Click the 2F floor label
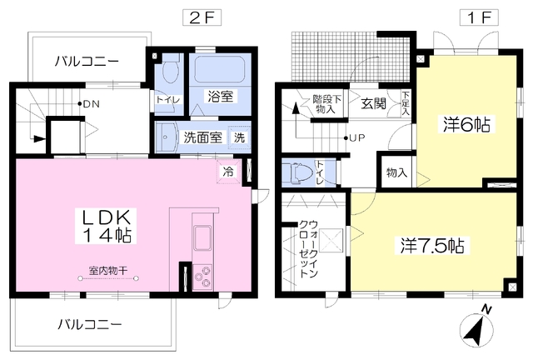click(x=202, y=17)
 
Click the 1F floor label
click(x=480, y=17)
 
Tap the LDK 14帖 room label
click(x=106, y=226)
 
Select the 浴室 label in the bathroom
click(x=220, y=97)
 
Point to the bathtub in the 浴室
click(x=220, y=69)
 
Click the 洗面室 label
click(x=203, y=137)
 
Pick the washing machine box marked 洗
click(x=239, y=137)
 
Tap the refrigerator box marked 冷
click(x=228, y=172)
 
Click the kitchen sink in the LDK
click(x=202, y=238)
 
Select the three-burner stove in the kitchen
click(x=202, y=277)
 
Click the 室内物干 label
click(x=108, y=271)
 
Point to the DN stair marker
click(x=89, y=104)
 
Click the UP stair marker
click(x=355, y=137)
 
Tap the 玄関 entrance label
click(x=374, y=103)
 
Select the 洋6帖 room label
click(x=466, y=124)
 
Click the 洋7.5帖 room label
click(x=432, y=245)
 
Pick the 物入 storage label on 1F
click(x=396, y=172)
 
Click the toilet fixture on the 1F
click(x=297, y=173)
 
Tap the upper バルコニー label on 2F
click(x=87, y=62)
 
